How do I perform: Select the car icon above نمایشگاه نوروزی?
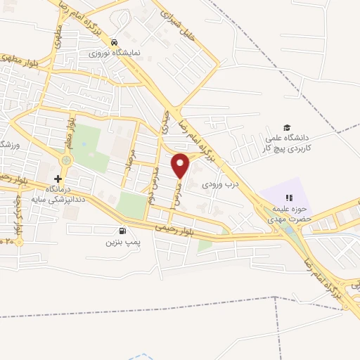coord(113,42)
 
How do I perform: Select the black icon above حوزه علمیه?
coord(287,198)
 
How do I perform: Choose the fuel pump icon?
coord(124,231)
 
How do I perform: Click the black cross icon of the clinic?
coord(58,179)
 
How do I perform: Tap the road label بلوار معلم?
coord(71,134)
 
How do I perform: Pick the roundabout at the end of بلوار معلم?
coord(66,160)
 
